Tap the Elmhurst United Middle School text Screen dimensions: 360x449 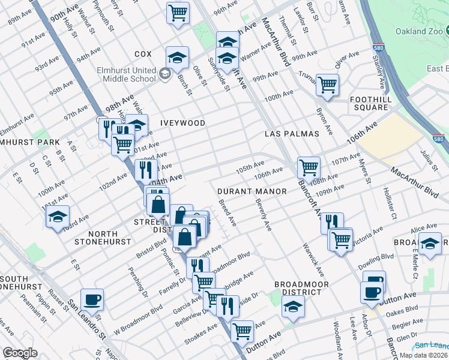(x=126, y=74)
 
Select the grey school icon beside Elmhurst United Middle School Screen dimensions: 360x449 (x=164, y=75)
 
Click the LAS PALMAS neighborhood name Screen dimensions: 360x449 (x=292, y=133)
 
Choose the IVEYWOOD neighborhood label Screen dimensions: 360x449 (x=182, y=123)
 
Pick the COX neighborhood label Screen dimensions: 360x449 (x=143, y=53)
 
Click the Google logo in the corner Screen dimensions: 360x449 (x=20, y=353)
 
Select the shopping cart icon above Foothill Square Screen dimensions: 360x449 (x=327, y=85)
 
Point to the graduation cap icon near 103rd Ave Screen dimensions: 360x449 (x=58, y=216)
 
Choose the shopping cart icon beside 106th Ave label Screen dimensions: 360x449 (x=309, y=167)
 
